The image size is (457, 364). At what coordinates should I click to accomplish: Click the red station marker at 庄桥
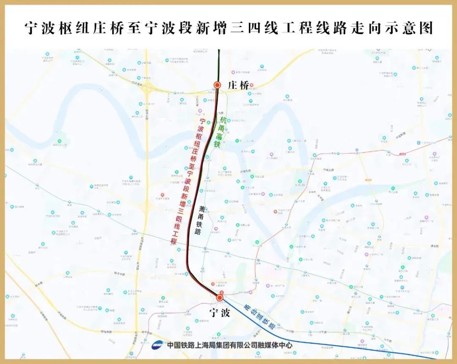pos(217,85)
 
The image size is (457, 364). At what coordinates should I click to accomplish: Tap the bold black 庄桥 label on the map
pos(238,85)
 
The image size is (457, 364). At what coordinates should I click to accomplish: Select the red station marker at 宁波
pos(220,298)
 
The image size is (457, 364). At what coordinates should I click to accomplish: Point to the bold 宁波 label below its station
pos(220,313)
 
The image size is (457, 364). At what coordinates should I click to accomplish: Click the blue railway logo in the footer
pos(158,345)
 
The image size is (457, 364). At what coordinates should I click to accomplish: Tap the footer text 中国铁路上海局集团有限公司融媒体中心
pos(229,345)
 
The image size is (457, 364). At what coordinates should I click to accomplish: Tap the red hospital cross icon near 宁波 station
pos(220,292)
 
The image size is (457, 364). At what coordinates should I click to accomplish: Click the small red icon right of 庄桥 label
pos(252,85)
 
